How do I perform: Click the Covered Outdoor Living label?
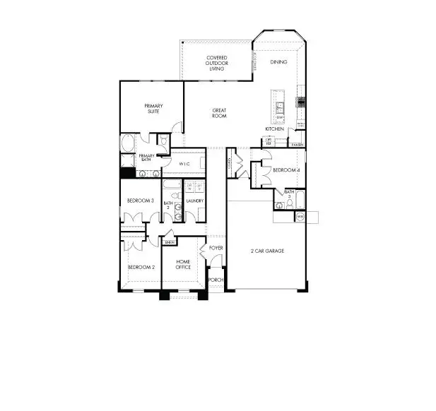[217, 64]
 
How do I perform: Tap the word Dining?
[278, 62]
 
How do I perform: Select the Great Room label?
[220, 112]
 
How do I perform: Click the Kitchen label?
[275, 129]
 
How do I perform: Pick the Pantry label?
[297, 145]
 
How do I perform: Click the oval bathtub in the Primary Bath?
[128, 143]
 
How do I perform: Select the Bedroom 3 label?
[140, 201]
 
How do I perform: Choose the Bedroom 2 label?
[141, 268]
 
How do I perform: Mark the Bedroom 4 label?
[286, 170]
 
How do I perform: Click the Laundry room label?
[195, 201]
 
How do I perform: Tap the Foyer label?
[216, 248]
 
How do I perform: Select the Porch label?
[216, 280]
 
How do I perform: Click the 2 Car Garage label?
[267, 251]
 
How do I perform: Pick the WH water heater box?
[300, 216]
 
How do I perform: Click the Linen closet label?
[169, 242]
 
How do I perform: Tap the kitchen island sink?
[280, 107]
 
